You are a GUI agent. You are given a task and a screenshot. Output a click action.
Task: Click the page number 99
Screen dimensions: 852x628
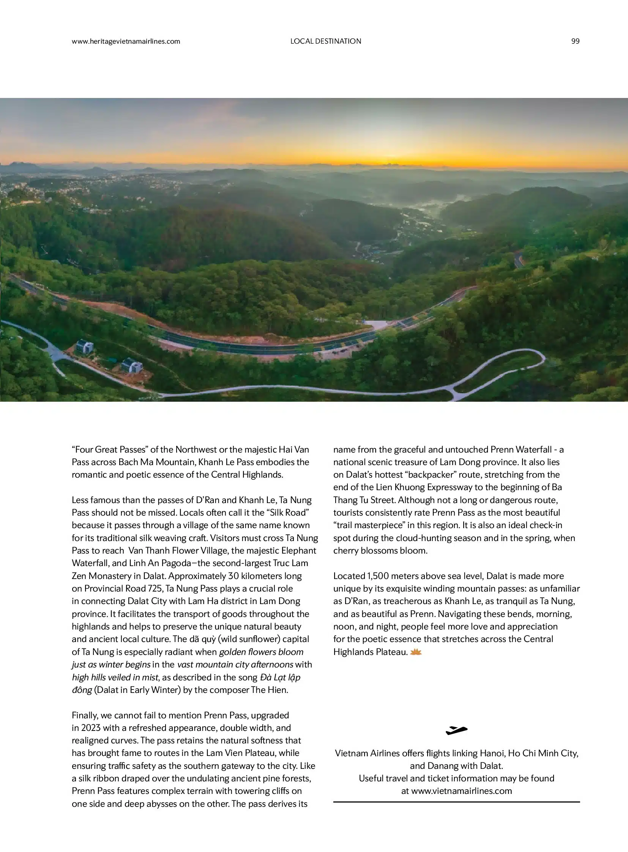pyautogui.click(x=575, y=41)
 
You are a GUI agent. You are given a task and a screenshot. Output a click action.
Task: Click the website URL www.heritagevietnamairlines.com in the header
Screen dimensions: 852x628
pyautogui.click(x=126, y=41)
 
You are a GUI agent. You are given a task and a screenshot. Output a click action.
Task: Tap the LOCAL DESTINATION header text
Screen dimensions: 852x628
pyautogui.click(x=325, y=41)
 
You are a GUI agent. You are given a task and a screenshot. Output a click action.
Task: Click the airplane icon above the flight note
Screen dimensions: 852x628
pyautogui.click(x=456, y=730)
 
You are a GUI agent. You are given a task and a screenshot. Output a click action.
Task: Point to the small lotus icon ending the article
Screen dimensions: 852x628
pyautogui.click(x=416, y=652)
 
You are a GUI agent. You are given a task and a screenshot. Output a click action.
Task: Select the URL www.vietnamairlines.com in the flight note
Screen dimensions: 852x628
pyautogui.click(x=461, y=791)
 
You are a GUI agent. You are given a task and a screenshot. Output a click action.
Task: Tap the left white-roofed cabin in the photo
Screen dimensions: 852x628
pyautogui.click(x=85, y=346)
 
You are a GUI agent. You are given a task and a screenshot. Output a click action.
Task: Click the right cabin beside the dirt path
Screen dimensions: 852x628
pyautogui.click(x=131, y=365)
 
